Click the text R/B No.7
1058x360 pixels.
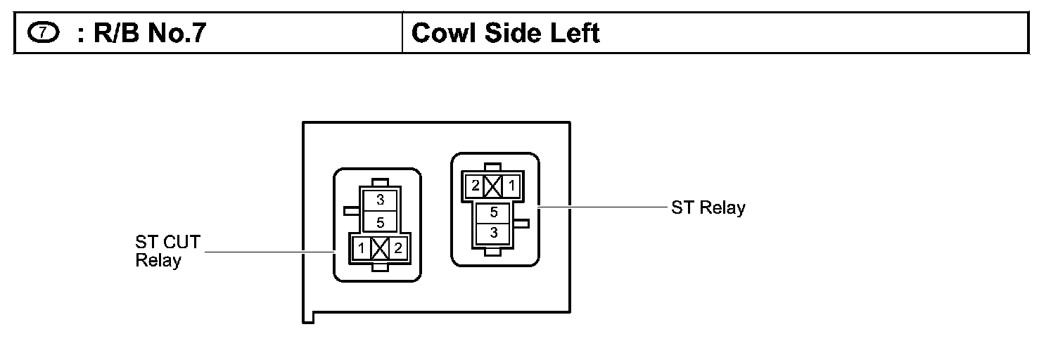point(141,33)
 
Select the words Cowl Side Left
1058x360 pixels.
point(505,33)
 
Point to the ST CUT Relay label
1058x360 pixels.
point(167,252)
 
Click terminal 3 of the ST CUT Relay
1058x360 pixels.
point(380,200)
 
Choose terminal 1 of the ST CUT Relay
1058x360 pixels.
point(360,247)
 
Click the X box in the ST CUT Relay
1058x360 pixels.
point(380,247)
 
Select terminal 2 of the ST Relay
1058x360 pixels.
point(476,186)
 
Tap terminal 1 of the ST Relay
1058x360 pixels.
point(513,186)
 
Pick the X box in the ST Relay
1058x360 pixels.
point(494,186)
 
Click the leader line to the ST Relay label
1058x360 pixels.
point(598,207)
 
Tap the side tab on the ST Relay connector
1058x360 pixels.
point(522,223)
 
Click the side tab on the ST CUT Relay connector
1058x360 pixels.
point(351,210)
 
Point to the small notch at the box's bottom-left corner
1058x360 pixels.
point(307,319)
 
